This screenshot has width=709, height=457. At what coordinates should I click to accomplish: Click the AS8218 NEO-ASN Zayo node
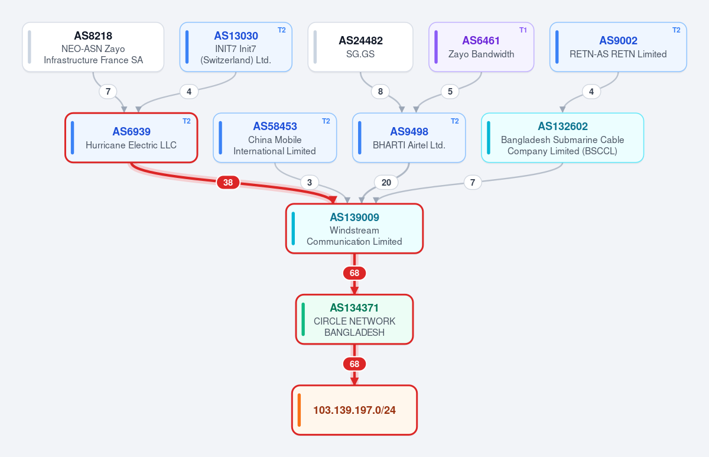(93, 47)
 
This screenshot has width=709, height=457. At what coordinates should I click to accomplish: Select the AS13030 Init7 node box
(236, 47)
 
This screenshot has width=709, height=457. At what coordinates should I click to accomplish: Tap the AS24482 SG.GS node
(360, 47)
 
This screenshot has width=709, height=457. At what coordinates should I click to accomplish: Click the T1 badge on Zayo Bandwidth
(523, 30)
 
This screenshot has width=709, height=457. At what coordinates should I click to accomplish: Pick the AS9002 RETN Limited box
(618, 47)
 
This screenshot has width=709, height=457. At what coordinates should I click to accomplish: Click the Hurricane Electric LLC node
(131, 138)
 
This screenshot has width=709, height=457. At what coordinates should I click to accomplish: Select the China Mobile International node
(275, 138)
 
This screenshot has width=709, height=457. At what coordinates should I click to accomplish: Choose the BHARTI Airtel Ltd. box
(409, 138)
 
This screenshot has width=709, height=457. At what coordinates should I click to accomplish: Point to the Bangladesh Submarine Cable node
(562, 138)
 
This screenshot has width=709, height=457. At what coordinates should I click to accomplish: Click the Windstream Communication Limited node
(354, 228)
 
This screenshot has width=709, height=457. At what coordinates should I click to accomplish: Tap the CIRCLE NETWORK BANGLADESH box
(354, 319)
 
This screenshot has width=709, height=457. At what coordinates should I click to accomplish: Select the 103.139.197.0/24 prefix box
(354, 410)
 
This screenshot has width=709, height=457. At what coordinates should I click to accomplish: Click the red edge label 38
(228, 183)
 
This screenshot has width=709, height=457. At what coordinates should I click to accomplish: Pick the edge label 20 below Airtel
(386, 183)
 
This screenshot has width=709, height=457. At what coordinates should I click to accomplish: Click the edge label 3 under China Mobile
(310, 183)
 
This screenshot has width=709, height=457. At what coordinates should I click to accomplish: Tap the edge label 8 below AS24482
(380, 92)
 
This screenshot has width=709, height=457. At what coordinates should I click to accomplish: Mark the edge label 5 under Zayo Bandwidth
(450, 92)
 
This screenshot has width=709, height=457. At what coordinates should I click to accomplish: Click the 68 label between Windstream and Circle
(354, 273)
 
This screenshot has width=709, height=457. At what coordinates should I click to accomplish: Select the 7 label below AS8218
(108, 92)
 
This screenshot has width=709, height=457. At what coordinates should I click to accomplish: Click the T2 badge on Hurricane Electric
(187, 121)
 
